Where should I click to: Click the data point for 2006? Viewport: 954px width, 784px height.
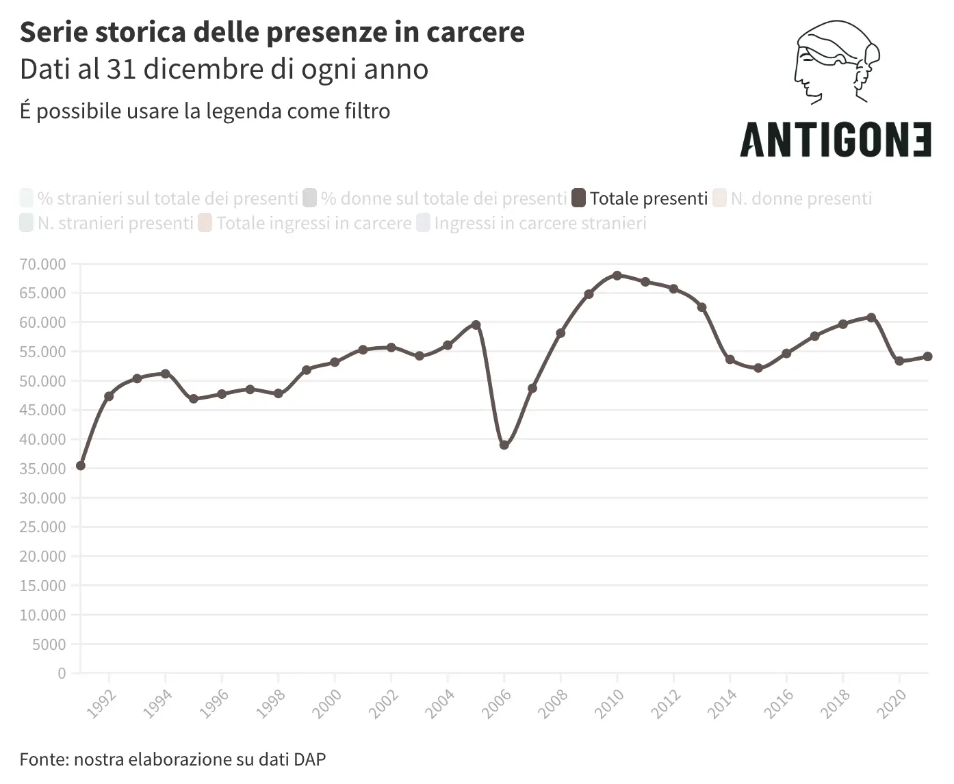[x=504, y=445]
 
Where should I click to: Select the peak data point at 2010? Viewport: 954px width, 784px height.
[x=617, y=276]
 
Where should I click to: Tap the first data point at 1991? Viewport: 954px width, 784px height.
[x=81, y=466]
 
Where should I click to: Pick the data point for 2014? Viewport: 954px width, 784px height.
[x=730, y=360]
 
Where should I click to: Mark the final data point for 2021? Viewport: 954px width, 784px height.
[x=927, y=356]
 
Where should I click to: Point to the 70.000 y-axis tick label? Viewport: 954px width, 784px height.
[x=42, y=264]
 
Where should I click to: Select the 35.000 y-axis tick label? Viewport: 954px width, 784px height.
[x=42, y=469]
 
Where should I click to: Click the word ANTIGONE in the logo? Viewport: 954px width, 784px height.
[x=836, y=140]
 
